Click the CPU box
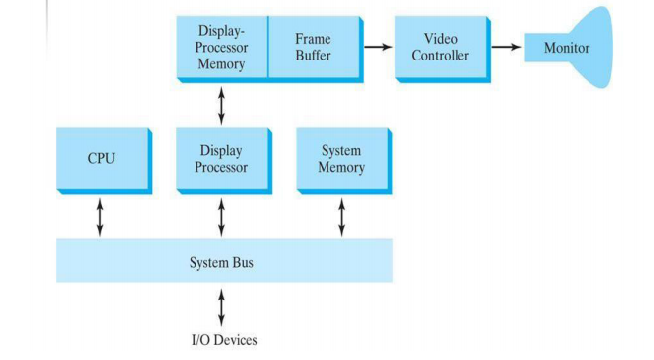[x=100, y=159]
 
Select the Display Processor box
[x=221, y=159]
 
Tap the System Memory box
[x=341, y=159]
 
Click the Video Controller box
[x=440, y=47]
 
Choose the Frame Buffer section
[x=314, y=47]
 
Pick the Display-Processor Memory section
[x=221, y=47]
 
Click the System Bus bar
[x=222, y=262]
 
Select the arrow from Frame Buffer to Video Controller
[x=377, y=47]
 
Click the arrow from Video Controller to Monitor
[x=505, y=48]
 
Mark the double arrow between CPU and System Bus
[x=100, y=216]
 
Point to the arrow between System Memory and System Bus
[x=341, y=216]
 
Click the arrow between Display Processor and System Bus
[x=221, y=216]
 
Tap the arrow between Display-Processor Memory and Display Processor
[x=221, y=104]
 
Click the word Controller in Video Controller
[x=440, y=56]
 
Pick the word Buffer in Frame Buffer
[x=314, y=56]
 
